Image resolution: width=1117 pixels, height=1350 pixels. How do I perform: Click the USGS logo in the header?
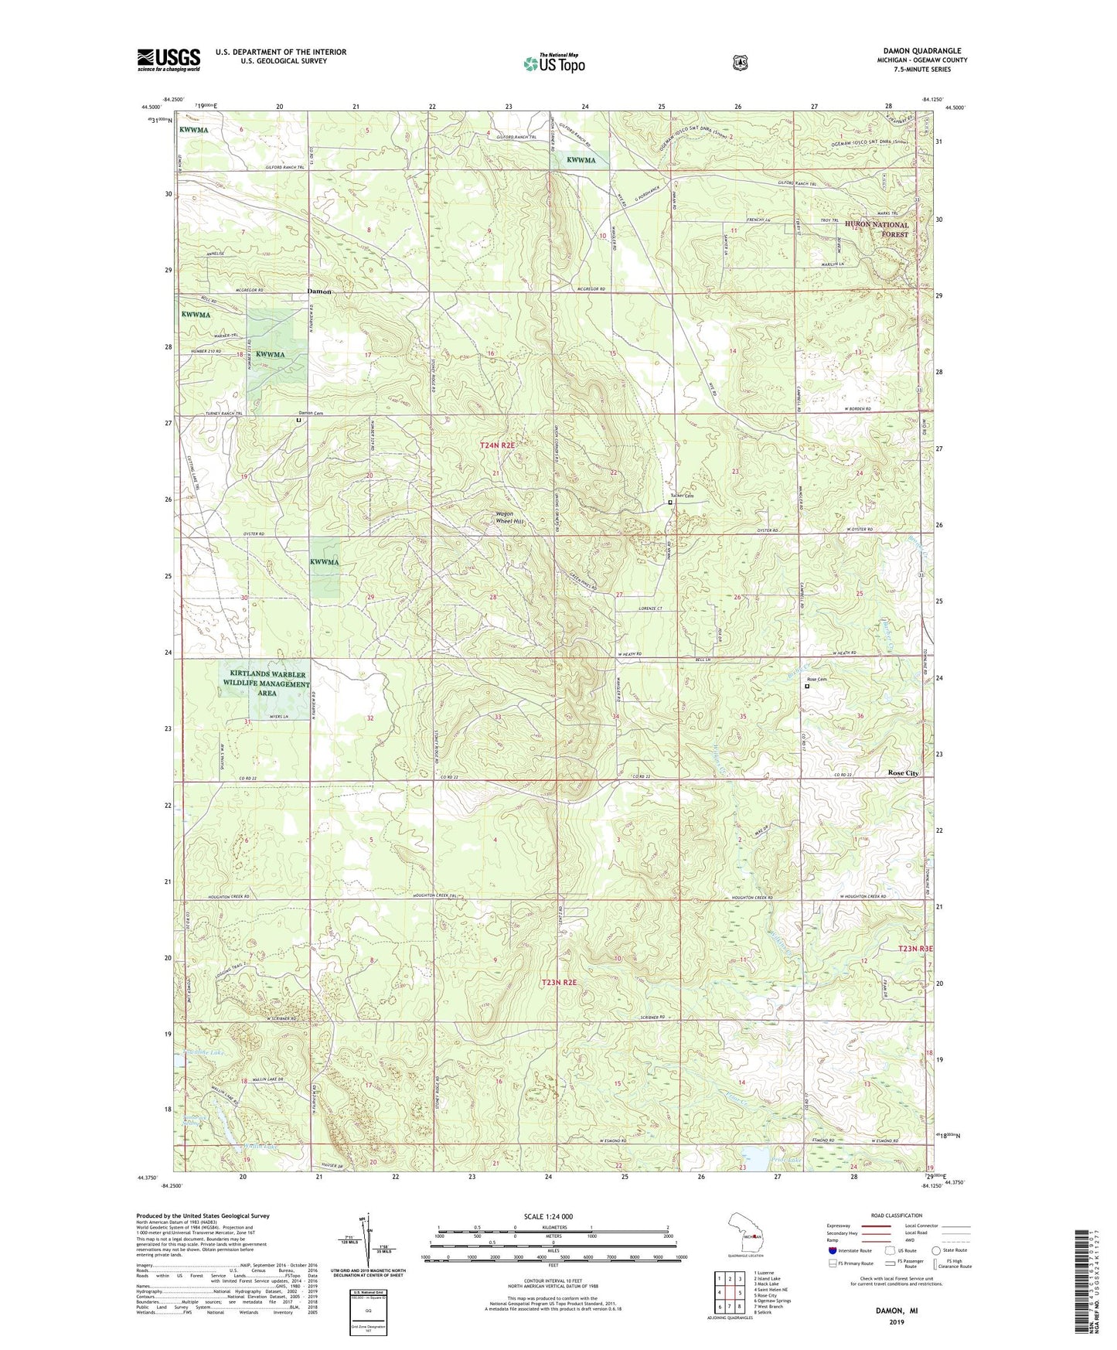click(169, 60)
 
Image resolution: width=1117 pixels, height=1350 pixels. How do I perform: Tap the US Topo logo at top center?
click(553, 63)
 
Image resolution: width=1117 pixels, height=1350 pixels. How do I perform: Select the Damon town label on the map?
click(318, 291)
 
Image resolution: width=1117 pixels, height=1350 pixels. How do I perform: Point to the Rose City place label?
click(903, 772)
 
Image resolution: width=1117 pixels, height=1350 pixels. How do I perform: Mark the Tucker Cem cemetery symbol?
click(670, 503)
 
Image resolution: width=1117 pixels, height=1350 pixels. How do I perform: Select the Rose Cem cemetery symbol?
click(807, 686)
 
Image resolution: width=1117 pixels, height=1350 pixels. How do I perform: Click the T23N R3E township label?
click(915, 949)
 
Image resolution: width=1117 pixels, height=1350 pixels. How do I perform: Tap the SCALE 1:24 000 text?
click(548, 1216)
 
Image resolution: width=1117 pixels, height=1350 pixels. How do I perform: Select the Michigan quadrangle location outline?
click(746, 1235)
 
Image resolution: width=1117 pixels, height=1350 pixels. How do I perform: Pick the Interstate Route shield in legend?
click(832, 1250)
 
